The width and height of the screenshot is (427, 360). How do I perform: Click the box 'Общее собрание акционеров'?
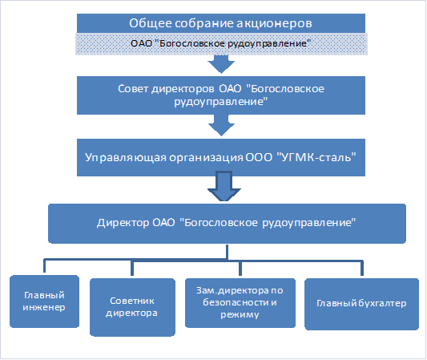tap(221, 23)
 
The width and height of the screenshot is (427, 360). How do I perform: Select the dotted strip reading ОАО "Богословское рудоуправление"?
tap(221, 44)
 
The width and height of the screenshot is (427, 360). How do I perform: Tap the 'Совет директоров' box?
tap(221, 95)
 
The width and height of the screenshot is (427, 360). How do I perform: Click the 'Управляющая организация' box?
tap(221, 157)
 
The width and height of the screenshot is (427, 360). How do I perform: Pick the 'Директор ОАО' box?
tap(227, 223)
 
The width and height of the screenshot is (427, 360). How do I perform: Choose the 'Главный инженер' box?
tap(44, 301)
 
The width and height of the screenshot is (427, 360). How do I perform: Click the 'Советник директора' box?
tap(132, 307)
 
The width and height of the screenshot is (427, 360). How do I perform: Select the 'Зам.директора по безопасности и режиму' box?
tap(240, 302)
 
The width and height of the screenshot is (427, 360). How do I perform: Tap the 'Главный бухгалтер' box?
tap(361, 304)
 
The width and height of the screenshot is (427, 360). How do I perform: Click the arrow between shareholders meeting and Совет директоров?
tap(221, 64)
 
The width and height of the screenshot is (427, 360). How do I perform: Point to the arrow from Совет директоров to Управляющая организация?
tap(221, 125)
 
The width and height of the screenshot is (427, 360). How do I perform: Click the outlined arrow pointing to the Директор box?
tap(224, 186)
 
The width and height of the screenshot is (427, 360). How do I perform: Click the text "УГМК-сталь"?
tap(316, 157)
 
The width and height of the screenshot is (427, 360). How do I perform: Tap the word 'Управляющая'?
tap(126, 157)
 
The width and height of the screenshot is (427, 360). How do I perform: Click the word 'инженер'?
tap(44, 307)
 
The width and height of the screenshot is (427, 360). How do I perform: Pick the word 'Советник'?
tap(132, 301)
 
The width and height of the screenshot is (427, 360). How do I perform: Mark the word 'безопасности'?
tap(236, 302)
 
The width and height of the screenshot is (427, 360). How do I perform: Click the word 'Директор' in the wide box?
tap(123, 223)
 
